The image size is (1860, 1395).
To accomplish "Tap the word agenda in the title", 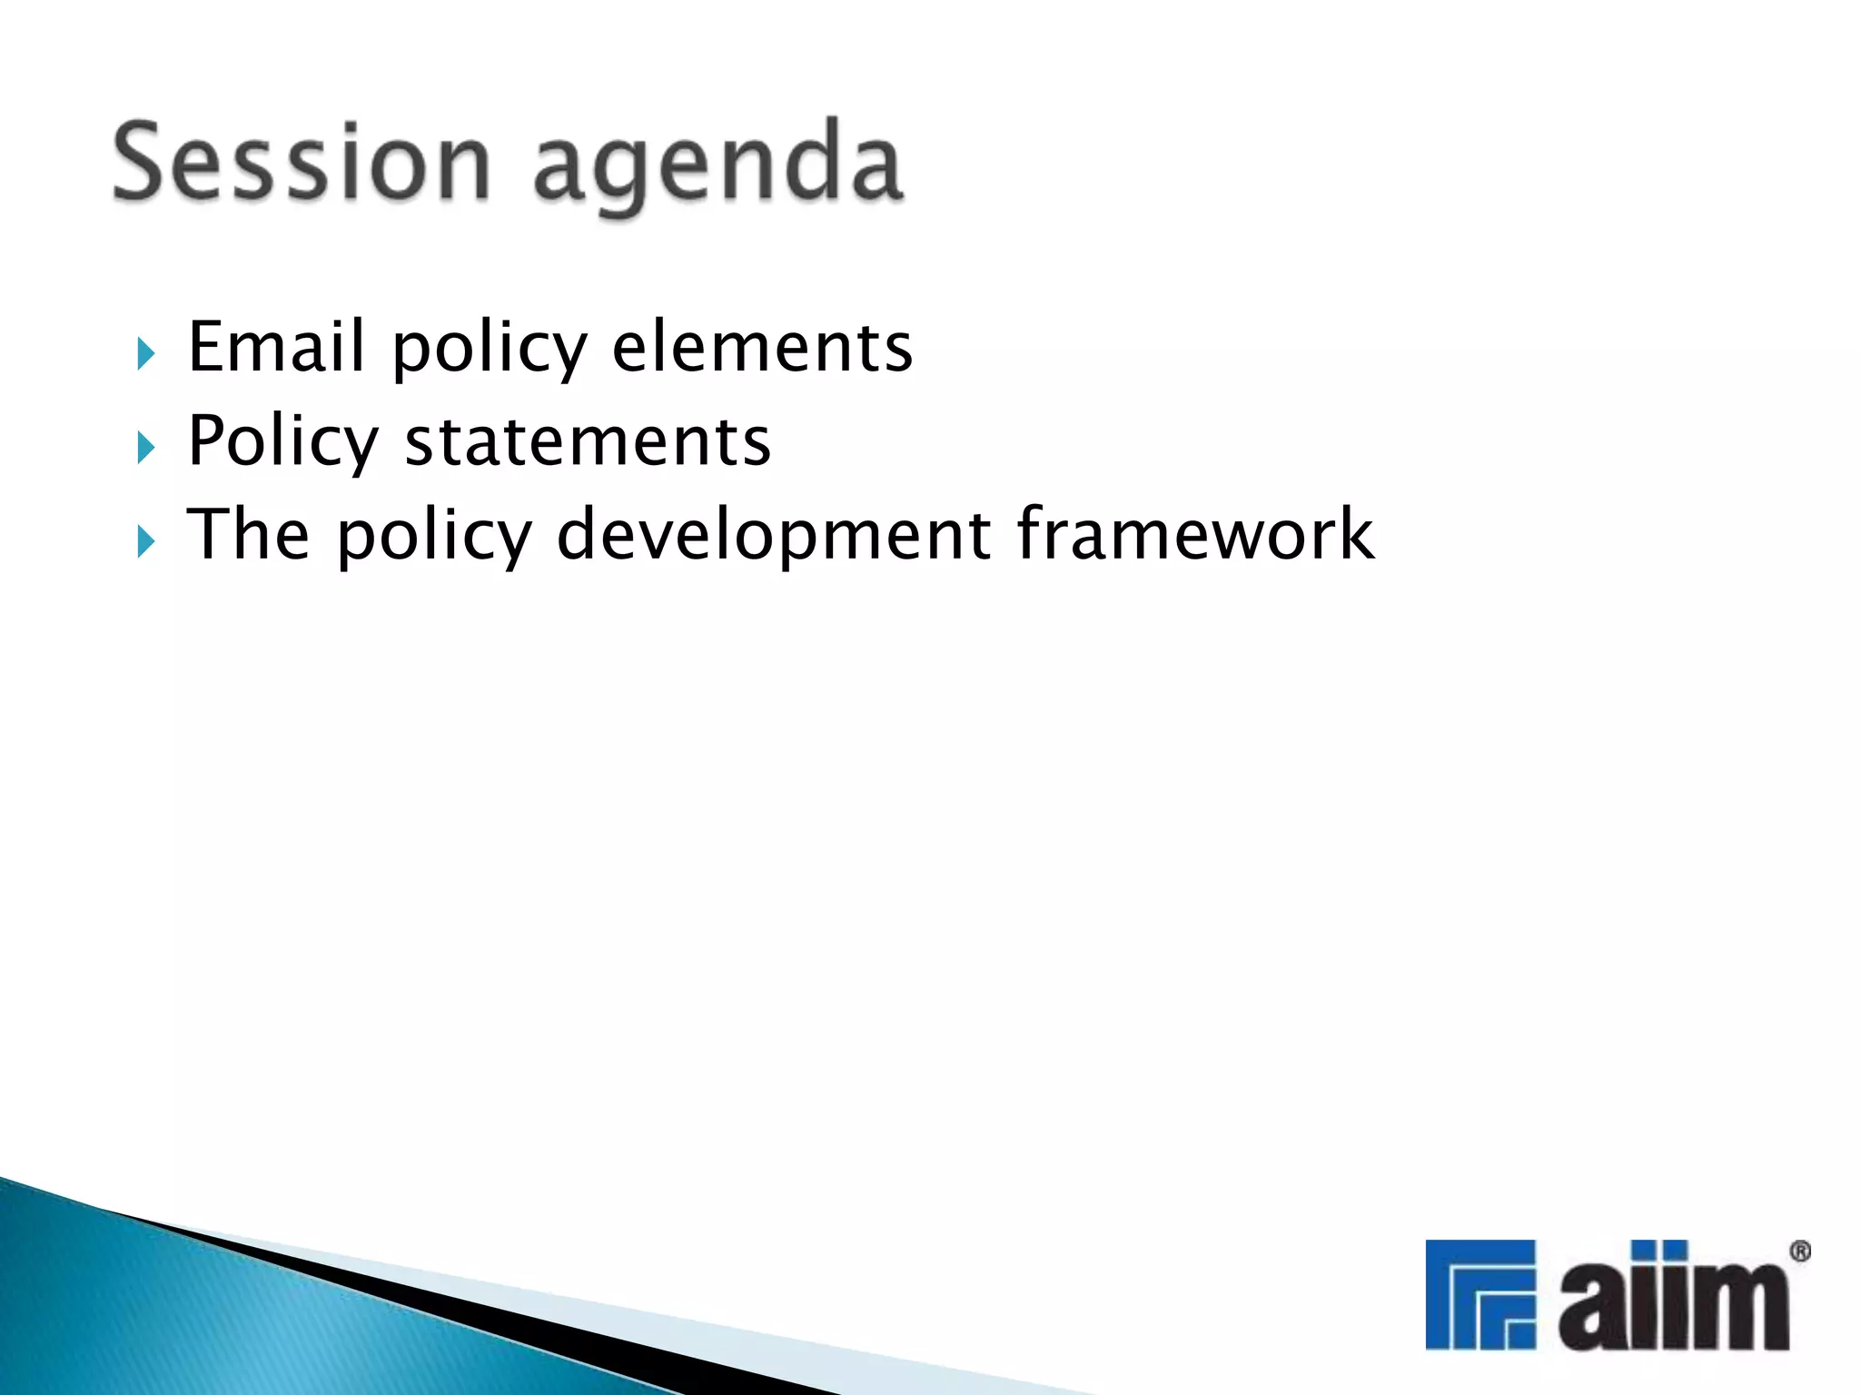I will pos(717,168).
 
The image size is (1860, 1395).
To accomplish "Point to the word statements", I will pos(588,440).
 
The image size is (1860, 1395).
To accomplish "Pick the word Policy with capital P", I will pos(282,442).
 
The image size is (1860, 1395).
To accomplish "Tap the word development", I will pos(773,536).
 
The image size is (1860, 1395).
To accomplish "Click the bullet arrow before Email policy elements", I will pos(145,353).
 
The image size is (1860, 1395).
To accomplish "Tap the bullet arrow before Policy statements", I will pos(145,448).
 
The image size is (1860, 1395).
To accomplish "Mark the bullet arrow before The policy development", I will pos(145,542).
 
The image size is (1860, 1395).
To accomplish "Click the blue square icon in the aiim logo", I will pos(1479,1294).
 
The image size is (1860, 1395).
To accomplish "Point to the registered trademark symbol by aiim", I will pos(1800,1252).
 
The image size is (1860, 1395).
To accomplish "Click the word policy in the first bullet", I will pos(490,350).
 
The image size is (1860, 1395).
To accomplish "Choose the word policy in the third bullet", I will pos(434,538).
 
